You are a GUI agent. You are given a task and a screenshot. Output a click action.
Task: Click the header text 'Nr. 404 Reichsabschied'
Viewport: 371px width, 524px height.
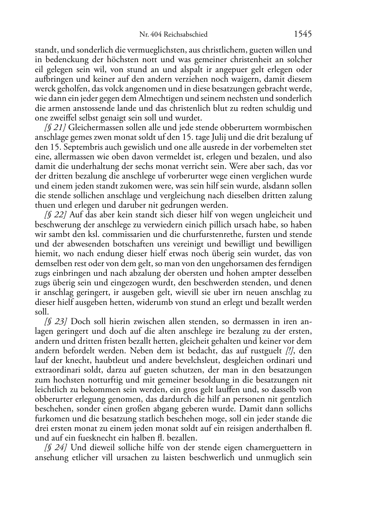click(173, 35)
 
